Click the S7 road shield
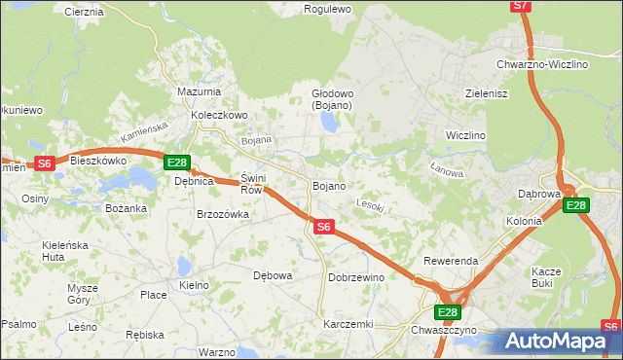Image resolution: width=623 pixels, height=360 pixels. click(522, 6)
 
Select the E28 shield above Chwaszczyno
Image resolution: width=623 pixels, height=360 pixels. click(447, 312)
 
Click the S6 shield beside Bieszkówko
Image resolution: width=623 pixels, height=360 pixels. click(44, 164)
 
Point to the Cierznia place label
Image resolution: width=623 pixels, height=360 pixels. click(84, 13)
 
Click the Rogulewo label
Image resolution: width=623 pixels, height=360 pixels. click(327, 9)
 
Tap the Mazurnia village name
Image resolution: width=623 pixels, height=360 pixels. click(200, 91)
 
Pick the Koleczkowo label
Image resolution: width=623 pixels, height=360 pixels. click(220, 115)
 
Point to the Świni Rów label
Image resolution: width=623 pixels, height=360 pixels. click(252, 184)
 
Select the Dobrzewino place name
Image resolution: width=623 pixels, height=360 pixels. click(356, 277)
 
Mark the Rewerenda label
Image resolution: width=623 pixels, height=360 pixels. click(451, 262)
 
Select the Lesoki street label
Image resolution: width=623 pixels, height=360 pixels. click(371, 205)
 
